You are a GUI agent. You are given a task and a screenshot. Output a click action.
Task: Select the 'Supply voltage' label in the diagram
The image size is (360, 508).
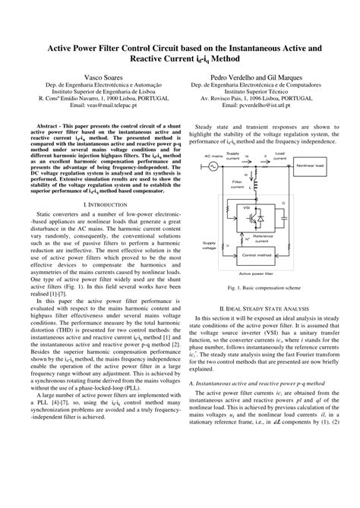pos(209,245)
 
